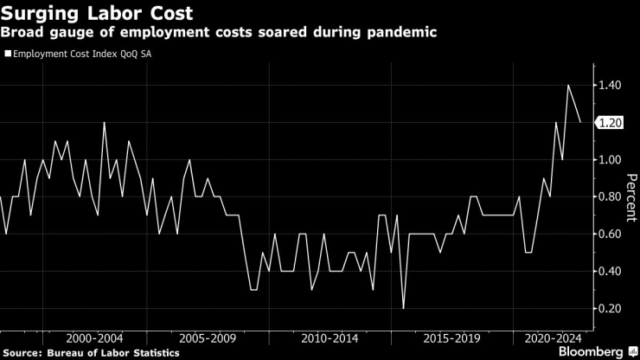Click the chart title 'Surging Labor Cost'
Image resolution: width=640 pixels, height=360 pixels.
click(x=97, y=13)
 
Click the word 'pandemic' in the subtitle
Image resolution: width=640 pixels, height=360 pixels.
click(x=402, y=33)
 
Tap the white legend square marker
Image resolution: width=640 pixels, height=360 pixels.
click(x=8, y=54)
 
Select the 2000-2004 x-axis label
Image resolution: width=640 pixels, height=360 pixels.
click(x=93, y=338)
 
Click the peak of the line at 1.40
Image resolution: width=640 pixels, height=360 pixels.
click(x=568, y=86)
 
